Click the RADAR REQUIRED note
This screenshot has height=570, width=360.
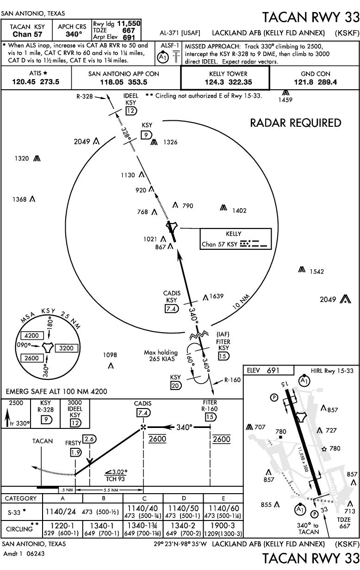(295, 123)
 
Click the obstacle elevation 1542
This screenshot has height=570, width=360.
(317, 271)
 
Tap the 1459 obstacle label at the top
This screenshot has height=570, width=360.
(286, 99)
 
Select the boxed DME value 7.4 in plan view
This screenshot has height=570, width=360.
(170, 309)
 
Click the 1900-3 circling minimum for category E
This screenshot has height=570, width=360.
(223, 525)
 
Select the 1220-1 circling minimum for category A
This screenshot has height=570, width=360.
(63, 525)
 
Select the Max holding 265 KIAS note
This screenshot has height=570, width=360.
(161, 356)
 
